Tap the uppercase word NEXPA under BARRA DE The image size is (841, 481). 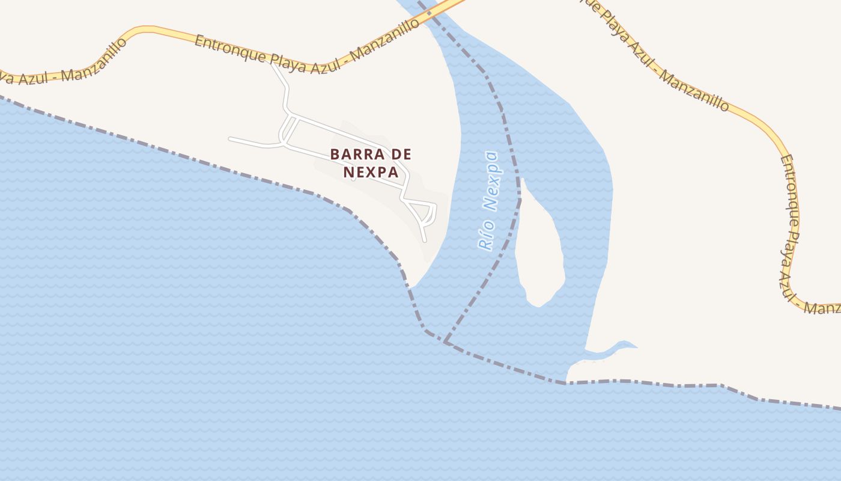pyautogui.click(x=371, y=173)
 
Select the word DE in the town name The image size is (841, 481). pyautogui.click(x=398, y=155)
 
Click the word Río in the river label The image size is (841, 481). pyautogui.click(x=486, y=235)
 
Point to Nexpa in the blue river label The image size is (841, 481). pyautogui.click(x=492, y=181)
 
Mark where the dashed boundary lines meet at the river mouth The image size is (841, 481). pyautogui.click(x=445, y=342)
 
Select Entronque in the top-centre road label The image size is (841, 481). pyautogui.click(x=225, y=48)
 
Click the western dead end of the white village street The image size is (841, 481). pyautogui.click(x=230, y=139)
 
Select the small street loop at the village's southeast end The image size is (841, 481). pyautogui.click(x=427, y=213)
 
